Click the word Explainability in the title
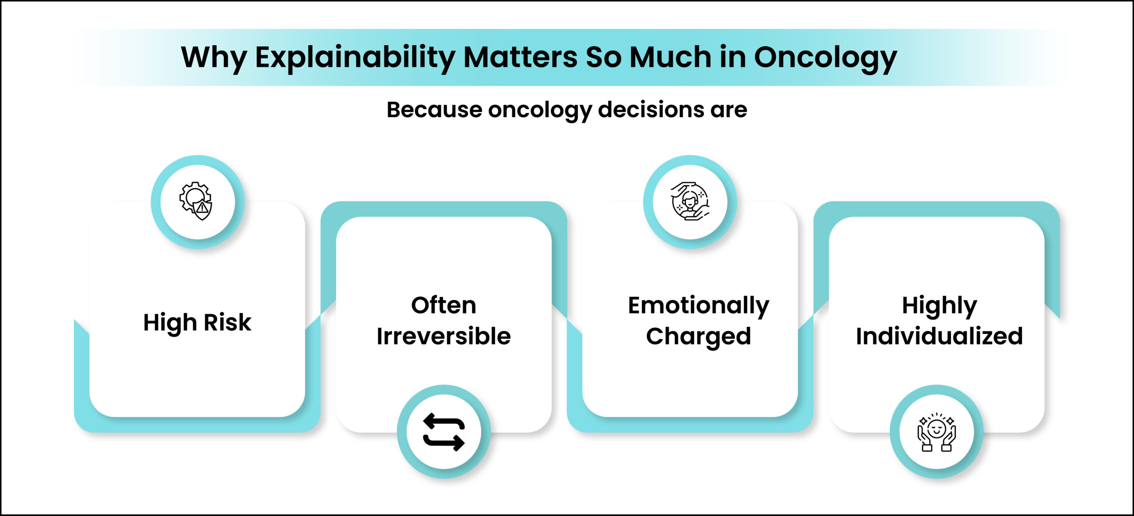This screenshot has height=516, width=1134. (355, 58)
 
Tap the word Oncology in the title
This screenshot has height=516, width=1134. (825, 58)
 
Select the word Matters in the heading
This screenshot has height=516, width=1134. (520, 57)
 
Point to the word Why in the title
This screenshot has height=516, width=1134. (214, 58)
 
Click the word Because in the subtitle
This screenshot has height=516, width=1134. (435, 109)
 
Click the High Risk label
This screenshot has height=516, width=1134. (197, 322)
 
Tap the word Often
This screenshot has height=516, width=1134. (443, 305)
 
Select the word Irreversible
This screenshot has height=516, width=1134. (443, 336)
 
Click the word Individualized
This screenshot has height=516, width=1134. (939, 336)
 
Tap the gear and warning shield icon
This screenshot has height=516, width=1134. (196, 201)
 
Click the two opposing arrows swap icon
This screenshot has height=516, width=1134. (444, 432)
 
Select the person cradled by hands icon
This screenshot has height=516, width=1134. (690, 201)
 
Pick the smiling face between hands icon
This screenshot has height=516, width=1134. (936, 432)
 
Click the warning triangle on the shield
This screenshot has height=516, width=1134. (202, 207)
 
